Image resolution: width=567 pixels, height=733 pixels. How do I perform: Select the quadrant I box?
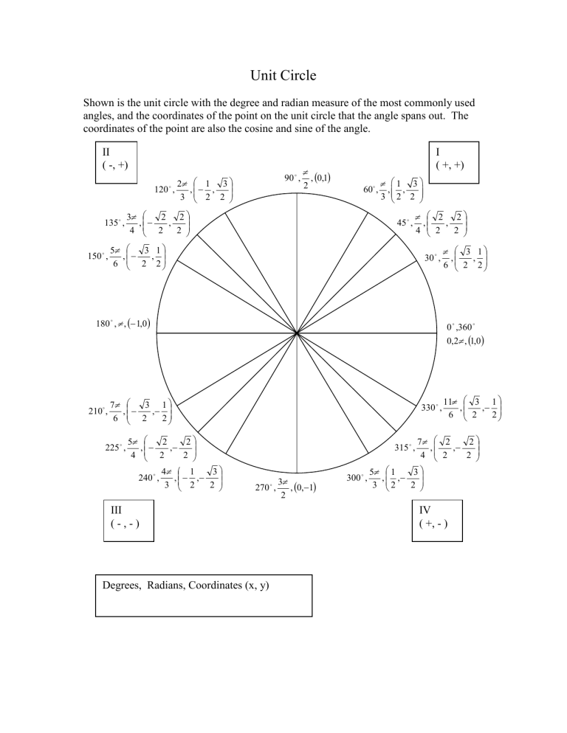pos(454,161)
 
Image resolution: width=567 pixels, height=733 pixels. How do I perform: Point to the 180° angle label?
pos(108,323)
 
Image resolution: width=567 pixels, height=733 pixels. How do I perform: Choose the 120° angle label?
pos(163,190)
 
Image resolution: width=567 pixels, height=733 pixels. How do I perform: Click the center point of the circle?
pos(298,334)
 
